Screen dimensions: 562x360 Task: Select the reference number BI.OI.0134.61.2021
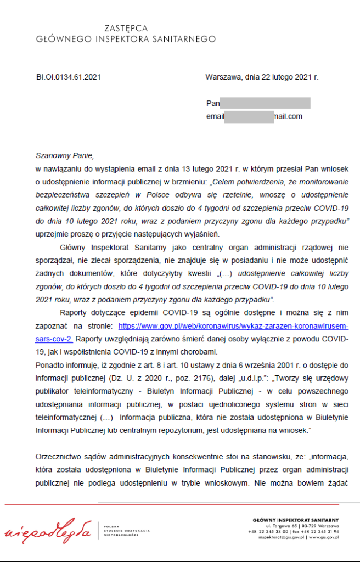coord(69,77)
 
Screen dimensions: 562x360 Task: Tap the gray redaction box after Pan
coord(265,103)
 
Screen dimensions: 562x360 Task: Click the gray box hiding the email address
coord(249,116)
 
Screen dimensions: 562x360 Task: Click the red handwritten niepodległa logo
coord(48,531)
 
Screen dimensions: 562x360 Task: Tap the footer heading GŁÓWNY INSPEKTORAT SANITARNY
coord(296,520)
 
